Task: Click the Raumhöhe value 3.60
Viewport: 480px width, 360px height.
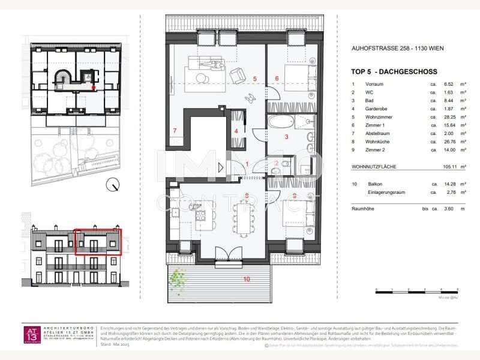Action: click(x=446, y=208)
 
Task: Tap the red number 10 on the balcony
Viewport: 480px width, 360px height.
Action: click(x=246, y=279)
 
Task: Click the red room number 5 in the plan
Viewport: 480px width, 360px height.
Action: click(x=254, y=79)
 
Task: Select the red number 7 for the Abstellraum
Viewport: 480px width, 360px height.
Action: click(x=175, y=131)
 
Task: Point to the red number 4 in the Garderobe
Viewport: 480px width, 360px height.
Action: click(x=236, y=131)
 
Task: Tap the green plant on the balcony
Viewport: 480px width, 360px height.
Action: click(x=177, y=278)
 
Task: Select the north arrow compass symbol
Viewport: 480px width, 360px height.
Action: click(x=112, y=185)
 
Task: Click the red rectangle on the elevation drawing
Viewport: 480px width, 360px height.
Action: click(x=97, y=242)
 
